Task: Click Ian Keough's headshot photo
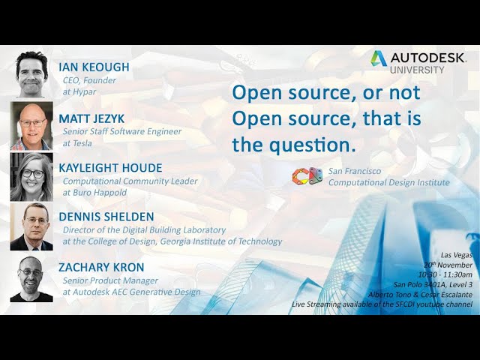31,74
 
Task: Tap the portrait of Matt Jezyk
31,125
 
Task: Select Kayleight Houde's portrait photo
31,177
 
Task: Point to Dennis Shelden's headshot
31,226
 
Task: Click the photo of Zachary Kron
31,279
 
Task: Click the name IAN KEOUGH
94,67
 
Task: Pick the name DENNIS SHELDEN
106,217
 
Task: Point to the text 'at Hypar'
79,91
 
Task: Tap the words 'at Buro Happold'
94,193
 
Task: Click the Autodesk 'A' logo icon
379,58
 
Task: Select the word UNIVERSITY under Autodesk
417,70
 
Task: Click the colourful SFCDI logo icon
307,176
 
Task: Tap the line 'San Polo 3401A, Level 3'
433,284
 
